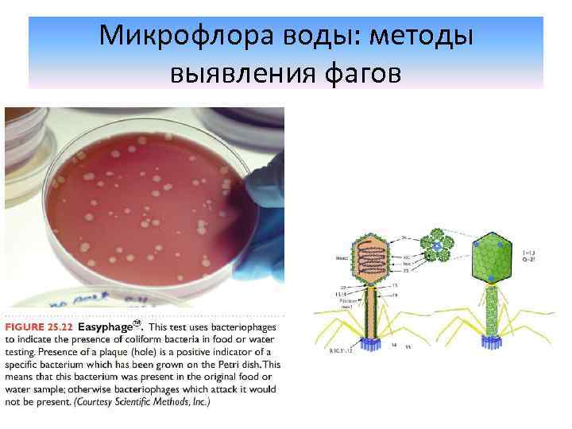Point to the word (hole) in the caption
point(162,352)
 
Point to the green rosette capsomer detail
point(437,247)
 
